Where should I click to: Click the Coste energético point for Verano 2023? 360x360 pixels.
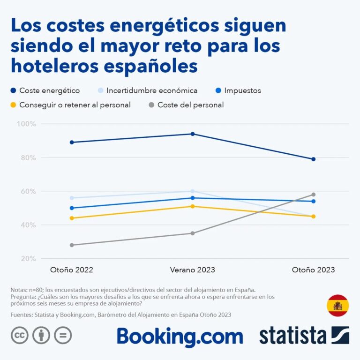coord(192,134)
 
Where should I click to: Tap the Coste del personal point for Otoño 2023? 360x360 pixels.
coord(313,195)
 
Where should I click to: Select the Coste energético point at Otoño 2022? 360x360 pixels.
coord(71,142)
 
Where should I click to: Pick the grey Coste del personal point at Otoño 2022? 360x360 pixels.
coord(71,245)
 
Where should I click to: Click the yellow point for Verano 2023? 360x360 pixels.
coord(192,206)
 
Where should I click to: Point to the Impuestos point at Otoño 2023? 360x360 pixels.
coord(313,201)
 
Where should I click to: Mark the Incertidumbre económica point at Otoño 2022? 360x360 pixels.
coord(71,198)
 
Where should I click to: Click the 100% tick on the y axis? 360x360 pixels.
coord(26,124)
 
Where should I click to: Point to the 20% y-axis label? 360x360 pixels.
coord(27,259)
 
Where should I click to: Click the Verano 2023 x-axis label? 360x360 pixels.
coord(192,270)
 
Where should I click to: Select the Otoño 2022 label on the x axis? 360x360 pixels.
coord(71,270)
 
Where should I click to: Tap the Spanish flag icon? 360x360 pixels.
coord(337,306)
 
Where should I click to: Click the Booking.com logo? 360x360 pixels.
coord(180,336)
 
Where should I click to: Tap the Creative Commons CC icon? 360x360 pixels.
coord(20,335)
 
